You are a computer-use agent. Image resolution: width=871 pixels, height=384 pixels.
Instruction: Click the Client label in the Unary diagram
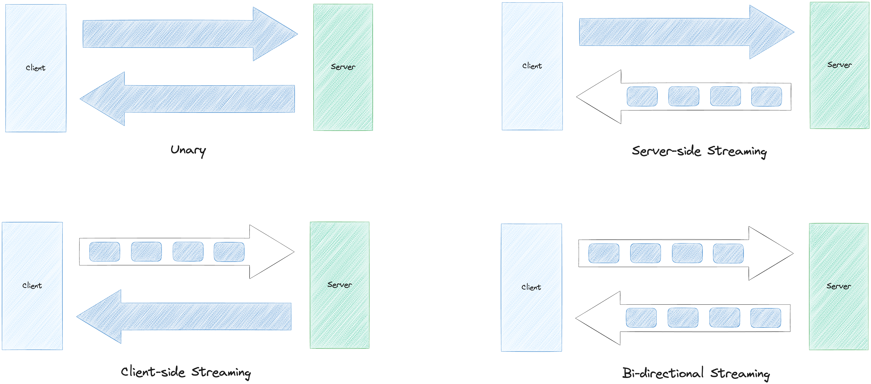(36, 68)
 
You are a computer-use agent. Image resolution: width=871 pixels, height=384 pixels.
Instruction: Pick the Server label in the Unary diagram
(343, 67)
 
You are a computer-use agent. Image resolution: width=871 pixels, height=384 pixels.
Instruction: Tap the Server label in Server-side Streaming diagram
(839, 65)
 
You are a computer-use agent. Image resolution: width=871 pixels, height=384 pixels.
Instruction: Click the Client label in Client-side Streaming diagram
(32, 286)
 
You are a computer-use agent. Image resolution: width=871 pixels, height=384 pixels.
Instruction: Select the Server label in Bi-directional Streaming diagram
(838, 286)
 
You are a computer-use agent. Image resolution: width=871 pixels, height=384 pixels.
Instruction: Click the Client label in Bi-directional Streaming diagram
(531, 287)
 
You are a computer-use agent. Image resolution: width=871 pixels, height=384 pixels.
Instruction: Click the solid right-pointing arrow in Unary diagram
(189, 34)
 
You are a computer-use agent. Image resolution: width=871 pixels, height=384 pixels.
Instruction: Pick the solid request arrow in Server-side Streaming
(686, 32)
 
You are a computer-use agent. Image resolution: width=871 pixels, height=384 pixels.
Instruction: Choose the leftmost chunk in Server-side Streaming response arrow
(642, 97)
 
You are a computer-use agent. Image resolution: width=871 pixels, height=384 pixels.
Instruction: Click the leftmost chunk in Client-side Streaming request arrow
(104, 252)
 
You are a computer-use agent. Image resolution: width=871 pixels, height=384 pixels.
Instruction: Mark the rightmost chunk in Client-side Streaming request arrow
(229, 252)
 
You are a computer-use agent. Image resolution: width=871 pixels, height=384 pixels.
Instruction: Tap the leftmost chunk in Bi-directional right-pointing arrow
(604, 253)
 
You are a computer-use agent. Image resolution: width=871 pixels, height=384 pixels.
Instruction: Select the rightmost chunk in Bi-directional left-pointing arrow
(766, 318)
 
